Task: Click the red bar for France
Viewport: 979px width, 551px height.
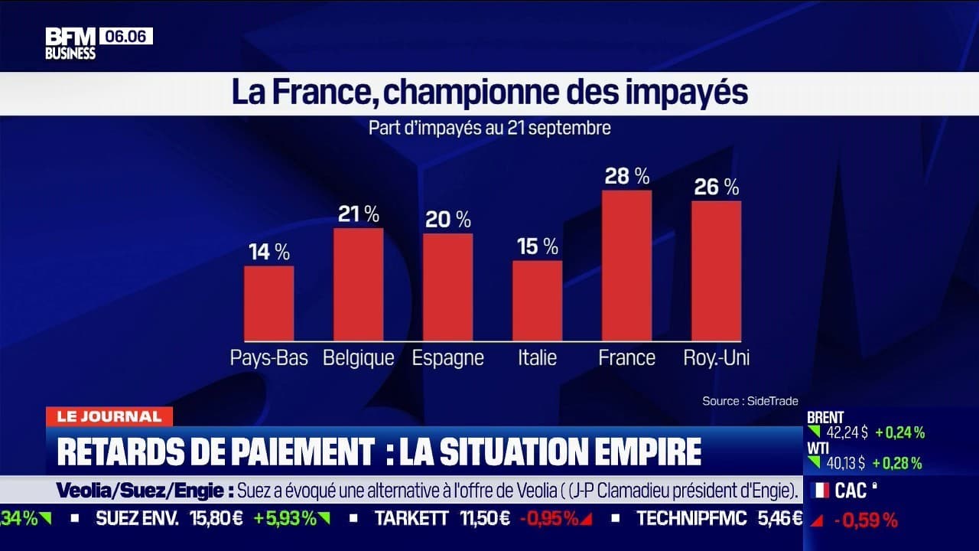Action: [626, 266]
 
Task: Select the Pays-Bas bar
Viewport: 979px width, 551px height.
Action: [268, 303]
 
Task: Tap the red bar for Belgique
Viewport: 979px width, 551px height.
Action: [358, 284]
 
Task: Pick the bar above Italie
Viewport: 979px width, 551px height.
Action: [537, 301]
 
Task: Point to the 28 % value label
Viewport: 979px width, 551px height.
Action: [626, 176]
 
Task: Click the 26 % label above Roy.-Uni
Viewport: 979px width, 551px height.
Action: [716, 186]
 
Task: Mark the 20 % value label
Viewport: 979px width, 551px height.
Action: [447, 220]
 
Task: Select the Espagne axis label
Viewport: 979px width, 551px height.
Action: [447, 357]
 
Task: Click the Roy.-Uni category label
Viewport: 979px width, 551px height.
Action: [716, 357]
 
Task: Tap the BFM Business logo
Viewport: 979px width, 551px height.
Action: [70, 43]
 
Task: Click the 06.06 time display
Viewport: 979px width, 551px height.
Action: [125, 36]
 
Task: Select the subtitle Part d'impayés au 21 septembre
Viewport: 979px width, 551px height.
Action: [489, 128]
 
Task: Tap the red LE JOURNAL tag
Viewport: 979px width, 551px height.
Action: [109, 417]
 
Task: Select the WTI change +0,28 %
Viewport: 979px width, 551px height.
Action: [899, 463]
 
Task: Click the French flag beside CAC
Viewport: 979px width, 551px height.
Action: [820, 491]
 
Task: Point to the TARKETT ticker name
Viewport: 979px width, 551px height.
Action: [411, 518]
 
